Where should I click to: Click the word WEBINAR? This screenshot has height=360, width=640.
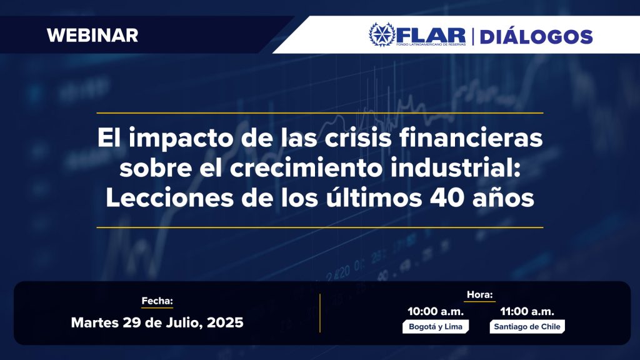(92, 35)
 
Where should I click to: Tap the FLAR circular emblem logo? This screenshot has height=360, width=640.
(382, 35)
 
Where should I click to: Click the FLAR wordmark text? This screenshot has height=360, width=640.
(431, 35)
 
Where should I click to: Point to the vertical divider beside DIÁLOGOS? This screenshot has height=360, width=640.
(472, 36)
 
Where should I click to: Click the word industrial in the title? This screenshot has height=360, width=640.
(454, 167)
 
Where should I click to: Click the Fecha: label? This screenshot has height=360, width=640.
(157, 301)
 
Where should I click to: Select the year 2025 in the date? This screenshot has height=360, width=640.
(225, 322)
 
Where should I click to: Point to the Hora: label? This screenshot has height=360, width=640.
(479, 294)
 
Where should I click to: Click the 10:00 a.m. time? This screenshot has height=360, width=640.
(436, 311)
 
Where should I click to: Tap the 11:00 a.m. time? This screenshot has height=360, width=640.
(527, 311)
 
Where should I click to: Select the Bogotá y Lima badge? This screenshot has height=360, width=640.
(436, 326)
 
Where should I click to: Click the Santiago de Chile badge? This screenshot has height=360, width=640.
(527, 326)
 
